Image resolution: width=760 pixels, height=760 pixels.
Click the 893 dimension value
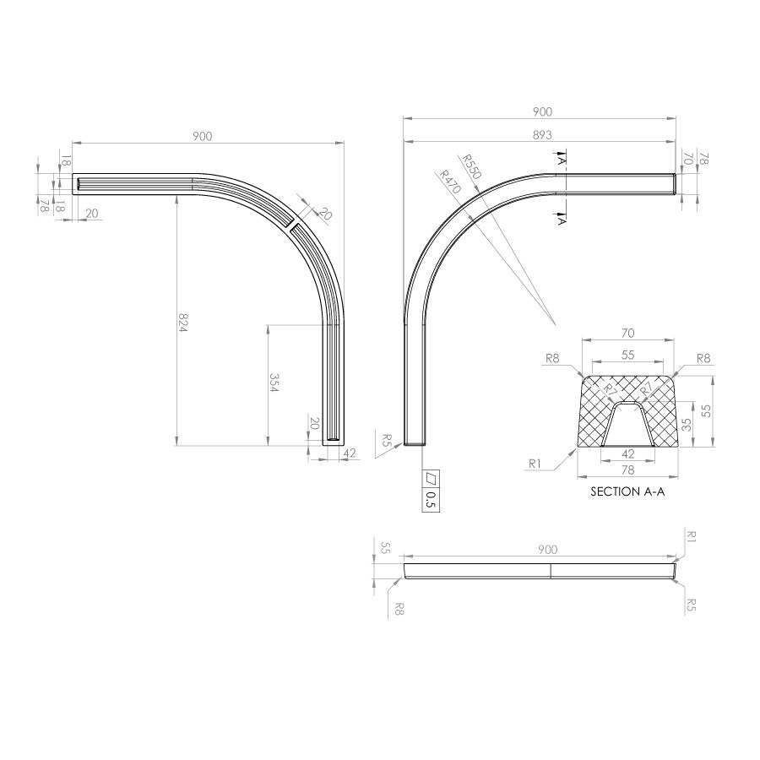tap(542, 135)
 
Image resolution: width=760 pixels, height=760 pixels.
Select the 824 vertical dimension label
tap(182, 323)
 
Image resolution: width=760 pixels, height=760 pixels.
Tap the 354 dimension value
tap(274, 383)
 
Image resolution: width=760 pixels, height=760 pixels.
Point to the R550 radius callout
tap(470, 166)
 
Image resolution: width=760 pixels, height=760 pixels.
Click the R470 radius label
tap(449, 182)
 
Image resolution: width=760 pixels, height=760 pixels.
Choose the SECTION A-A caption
tap(627, 491)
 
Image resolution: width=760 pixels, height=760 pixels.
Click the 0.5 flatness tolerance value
tap(431, 500)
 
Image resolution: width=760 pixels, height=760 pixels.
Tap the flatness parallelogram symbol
tap(431, 479)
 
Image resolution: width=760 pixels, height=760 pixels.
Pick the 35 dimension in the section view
tap(687, 425)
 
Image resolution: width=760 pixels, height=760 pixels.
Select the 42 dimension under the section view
tap(627, 453)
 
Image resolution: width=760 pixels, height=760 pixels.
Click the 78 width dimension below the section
tap(627, 470)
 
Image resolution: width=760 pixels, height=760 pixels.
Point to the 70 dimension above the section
tap(627, 333)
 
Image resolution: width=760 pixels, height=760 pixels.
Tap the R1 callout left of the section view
tap(535, 464)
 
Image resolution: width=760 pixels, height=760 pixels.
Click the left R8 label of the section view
tap(552, 358)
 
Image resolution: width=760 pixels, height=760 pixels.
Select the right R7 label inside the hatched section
tap(647, 388)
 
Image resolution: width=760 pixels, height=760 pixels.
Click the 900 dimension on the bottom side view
tap(548, 549)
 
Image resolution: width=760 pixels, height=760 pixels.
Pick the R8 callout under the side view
tap(399, 609)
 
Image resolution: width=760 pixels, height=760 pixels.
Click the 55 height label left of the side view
tap(385, 548)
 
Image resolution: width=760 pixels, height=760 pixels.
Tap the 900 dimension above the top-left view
tap(202, 136)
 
